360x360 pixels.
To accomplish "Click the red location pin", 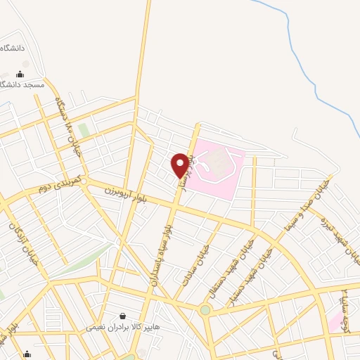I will (181, 165).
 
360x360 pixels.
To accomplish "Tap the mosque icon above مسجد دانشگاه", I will (20, 74).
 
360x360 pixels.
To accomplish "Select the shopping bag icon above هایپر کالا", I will (123, 316).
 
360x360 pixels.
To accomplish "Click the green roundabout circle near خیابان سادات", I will (205, 310).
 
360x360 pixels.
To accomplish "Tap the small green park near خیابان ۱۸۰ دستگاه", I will (84, 131).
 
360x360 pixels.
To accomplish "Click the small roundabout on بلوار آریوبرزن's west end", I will (84, 182).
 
